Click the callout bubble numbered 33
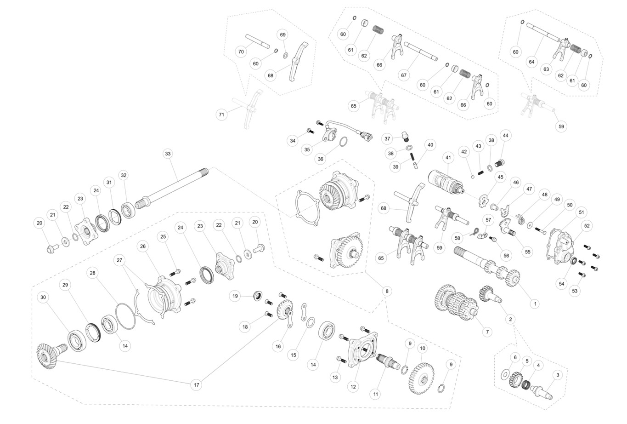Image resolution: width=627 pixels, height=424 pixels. click(x=168, y=153)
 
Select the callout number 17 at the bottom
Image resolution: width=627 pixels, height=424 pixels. click(x=197, y=385)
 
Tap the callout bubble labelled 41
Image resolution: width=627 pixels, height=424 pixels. click(x=448, y=157)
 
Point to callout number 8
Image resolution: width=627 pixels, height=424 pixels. click(x=387, y=291)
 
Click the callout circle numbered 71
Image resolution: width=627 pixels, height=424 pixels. click(x=222, y=114)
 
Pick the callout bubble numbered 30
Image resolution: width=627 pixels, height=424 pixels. click(x=43, y=298)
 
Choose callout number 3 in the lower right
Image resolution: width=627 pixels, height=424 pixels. click(x=558, y=375)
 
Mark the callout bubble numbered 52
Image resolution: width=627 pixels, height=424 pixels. click(x=587, y=226)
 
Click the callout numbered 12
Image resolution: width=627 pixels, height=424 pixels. click(x=353, y=387)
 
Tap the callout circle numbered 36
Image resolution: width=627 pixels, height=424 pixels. click(x=320, y=159)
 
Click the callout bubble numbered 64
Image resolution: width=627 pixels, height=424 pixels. click(x=531, y=61)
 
